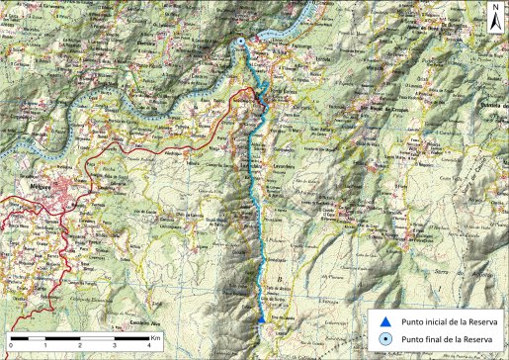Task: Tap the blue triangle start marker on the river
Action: (260, 320)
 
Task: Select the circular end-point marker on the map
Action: (242, 42)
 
